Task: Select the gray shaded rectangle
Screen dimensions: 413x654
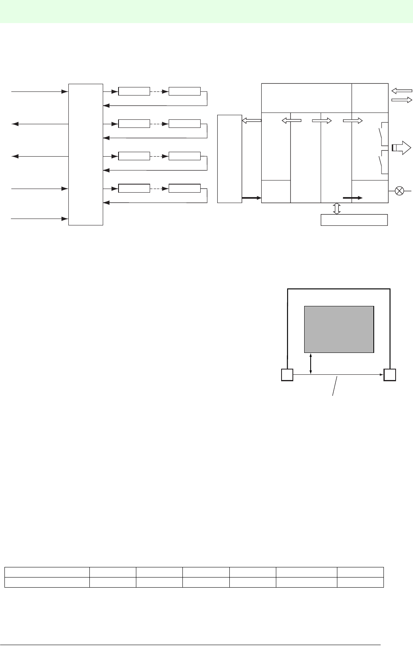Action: tap(339, 329)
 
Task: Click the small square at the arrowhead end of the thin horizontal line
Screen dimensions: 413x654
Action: tap(390, 375)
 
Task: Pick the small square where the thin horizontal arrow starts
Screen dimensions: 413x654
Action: tap(287, 375)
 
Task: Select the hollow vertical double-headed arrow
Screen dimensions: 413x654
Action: tap(336, 208)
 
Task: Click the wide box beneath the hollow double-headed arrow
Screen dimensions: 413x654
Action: tap(354, 220)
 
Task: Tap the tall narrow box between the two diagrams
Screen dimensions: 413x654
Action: tap(229, 159)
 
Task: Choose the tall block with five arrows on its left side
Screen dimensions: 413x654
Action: tap(86, 154)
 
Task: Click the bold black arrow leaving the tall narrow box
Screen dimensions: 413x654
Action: tap(250, 198)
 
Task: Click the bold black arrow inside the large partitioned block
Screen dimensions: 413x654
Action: tap(352, 198)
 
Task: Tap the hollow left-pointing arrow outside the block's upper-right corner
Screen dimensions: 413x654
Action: tap(402, 91)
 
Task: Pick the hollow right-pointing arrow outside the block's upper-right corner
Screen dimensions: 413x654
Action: tap(402, 100)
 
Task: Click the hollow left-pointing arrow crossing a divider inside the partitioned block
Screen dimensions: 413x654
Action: tap(291, 120)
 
